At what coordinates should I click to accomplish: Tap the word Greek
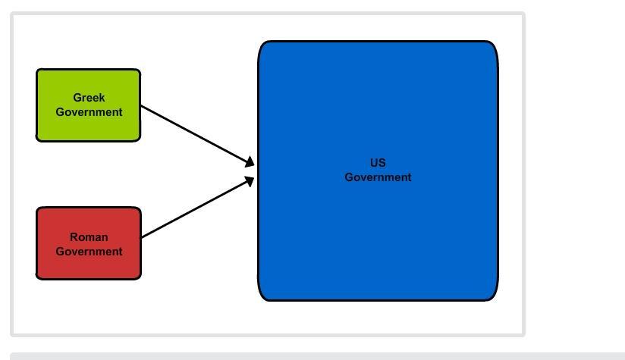click(x=89, y=98)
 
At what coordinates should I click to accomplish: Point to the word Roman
click(x=89, y=237)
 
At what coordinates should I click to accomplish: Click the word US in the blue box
click(x=378, y=163)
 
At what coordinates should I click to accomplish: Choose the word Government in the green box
click(x=89, y=112)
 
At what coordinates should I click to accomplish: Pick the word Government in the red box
click(x=89, y=252)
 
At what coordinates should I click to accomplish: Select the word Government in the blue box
click(x=378, y=177)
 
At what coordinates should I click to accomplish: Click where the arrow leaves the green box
click(x=142, y=106)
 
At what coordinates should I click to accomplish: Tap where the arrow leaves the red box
click(x=142, y=237)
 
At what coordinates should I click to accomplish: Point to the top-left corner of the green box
click(x=39, y=71)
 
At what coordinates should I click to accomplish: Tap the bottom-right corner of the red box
click(x=139, y=277)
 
